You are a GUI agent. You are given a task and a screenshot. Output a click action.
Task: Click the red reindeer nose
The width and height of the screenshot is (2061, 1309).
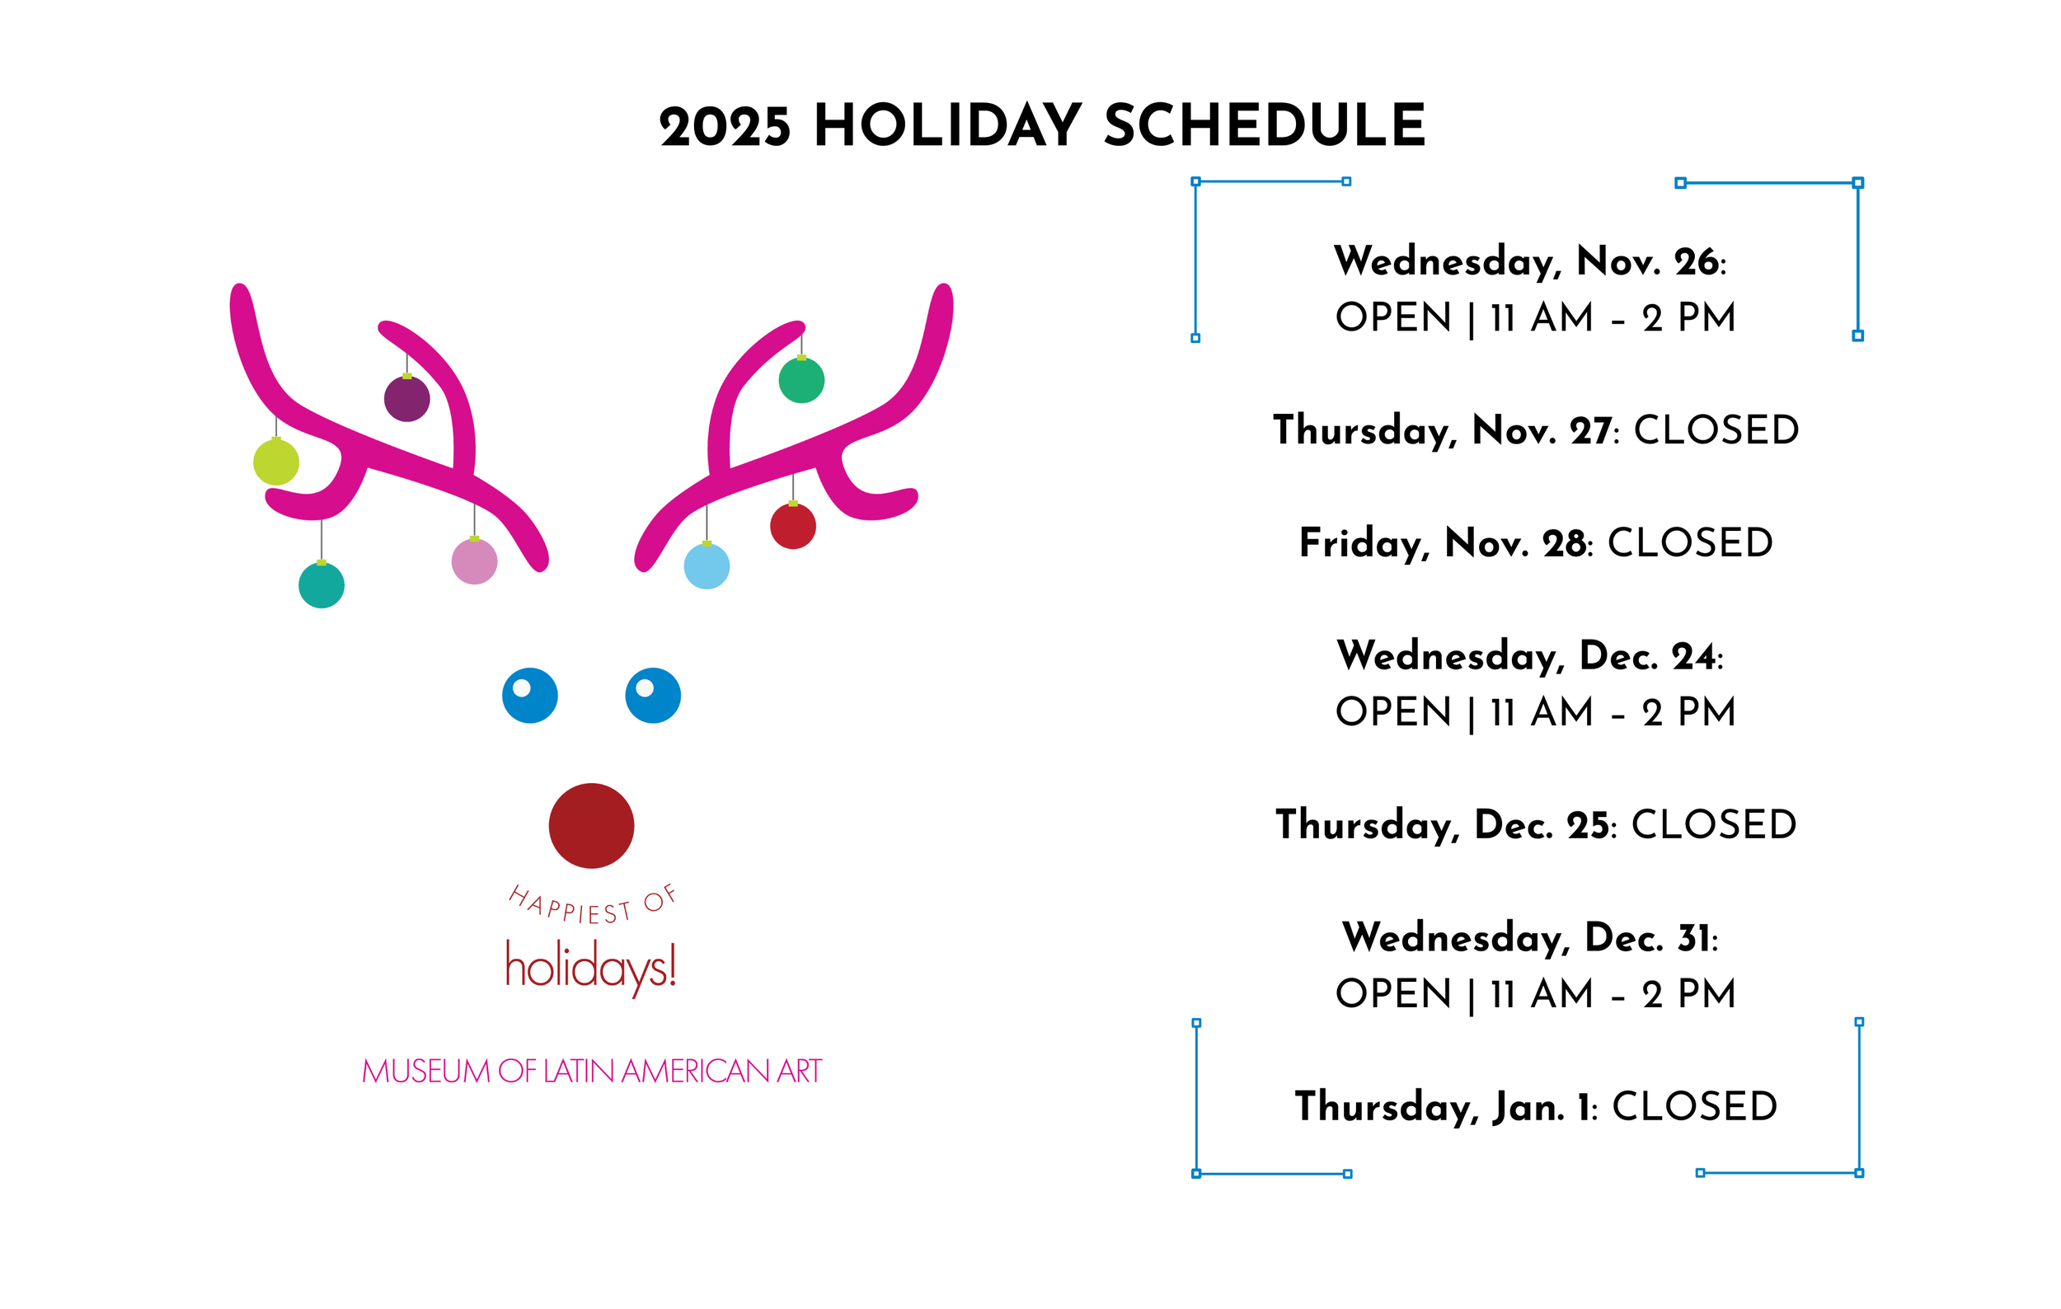pos(591,826)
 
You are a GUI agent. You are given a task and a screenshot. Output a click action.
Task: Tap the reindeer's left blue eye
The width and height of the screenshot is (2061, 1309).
pos(530,696)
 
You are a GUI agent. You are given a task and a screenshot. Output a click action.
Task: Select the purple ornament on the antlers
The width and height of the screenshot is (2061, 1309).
pos(406,399)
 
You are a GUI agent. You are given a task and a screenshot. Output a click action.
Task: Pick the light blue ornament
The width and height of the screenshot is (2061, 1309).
pos(707,566)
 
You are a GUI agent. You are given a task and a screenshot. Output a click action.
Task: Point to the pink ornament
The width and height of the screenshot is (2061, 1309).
pos(474,561)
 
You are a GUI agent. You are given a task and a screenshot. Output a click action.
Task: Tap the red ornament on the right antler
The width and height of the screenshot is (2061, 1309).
pos(792,526)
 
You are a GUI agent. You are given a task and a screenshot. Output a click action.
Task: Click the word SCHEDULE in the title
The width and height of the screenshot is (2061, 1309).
pos(1265,127)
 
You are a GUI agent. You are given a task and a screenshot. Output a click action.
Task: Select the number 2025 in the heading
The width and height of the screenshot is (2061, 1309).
pos(725,129)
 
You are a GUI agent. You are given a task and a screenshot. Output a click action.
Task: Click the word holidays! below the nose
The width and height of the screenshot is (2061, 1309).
pos(590,967)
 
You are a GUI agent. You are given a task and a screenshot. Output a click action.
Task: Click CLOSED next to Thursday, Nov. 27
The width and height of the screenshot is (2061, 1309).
pos(1716,429)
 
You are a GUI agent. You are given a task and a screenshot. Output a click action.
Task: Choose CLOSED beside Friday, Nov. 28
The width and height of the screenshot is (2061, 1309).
pos(1689,542)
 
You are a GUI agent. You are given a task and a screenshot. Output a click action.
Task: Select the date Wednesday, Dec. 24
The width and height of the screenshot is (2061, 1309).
pos(1528,656)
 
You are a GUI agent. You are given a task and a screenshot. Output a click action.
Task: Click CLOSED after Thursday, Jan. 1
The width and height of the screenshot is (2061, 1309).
pos(1695,1106)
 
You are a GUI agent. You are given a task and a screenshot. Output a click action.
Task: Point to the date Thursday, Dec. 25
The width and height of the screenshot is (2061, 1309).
pos(1442,825)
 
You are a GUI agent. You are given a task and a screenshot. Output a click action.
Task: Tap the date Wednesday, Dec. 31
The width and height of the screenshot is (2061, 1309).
pos(1528,938)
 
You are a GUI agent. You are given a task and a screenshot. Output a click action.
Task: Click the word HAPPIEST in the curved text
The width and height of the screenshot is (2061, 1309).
pos(569,906)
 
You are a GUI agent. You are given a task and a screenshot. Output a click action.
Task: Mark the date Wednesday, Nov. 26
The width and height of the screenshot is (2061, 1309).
pos(1528,261)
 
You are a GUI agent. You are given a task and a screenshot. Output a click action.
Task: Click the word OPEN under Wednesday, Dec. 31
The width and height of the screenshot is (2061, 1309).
pos(1393,994)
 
